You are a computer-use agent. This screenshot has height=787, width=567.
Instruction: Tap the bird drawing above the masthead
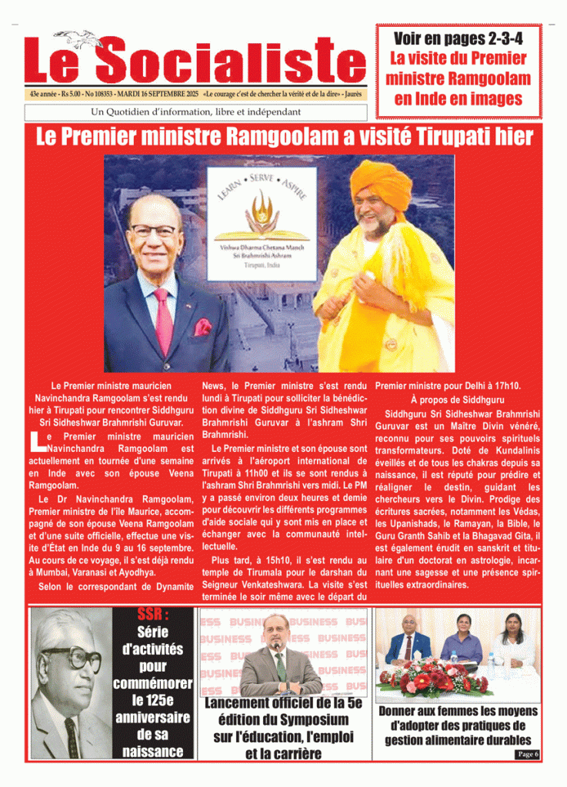click(77, 36)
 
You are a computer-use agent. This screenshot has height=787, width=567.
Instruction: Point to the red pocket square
click(202, 327)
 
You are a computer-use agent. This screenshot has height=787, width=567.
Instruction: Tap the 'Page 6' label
click(527, 754)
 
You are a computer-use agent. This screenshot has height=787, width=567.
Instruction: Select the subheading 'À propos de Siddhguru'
click(457, 400)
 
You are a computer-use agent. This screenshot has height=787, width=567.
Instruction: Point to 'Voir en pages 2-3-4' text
click(458, 38)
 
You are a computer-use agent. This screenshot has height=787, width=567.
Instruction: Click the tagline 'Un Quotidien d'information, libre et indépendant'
click(195, 112)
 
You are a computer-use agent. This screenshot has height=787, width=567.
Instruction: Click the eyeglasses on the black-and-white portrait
click(71, 658)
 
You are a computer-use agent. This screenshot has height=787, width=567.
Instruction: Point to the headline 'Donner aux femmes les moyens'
click(458, 726)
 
